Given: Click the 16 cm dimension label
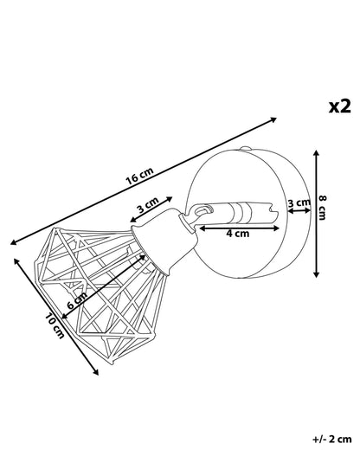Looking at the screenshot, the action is coord(140,176).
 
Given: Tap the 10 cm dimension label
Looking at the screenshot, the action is coord(55,325).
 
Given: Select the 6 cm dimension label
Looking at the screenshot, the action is coord(77,301).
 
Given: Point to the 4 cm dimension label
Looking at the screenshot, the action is coord(237,234).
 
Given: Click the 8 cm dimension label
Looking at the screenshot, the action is coord(323,208).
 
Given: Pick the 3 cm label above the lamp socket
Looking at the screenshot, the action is coord(148,205).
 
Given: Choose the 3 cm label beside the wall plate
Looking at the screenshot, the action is coord(299,202).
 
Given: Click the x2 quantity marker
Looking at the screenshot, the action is coord(340,106).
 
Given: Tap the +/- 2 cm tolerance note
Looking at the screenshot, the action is coord(332,440).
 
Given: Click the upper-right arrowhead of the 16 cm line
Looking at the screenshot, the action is coord(273,119).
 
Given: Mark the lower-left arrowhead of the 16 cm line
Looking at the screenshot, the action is coord(13,242).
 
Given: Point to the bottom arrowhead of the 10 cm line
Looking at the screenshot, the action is coord(95,372).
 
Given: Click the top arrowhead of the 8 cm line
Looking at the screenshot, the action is coord(317,153).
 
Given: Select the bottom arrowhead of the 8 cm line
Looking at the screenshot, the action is coord(317,274).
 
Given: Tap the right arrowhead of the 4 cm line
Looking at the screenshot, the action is coord(276,228).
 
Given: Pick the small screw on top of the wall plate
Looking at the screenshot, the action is coord(245,149).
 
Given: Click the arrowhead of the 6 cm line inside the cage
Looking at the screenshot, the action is coord(143,257).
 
